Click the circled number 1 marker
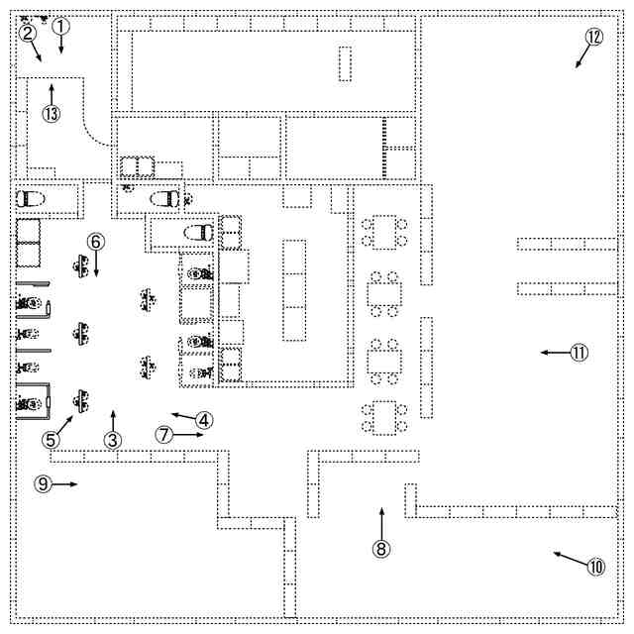click(60, 27)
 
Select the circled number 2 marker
click(28, 33)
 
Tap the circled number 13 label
click(52, 113)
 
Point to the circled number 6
click(96, 241)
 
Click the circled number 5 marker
click(52, 438)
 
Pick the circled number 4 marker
click(202, 419)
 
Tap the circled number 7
click(164, 434)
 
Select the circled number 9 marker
click(43, 483)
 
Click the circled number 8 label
click(381, 546)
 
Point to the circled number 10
click(594, 568)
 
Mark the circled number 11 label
click(579, 352)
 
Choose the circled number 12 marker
click(593, 37)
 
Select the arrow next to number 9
click(66, 483)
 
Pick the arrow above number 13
click(52, 93)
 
